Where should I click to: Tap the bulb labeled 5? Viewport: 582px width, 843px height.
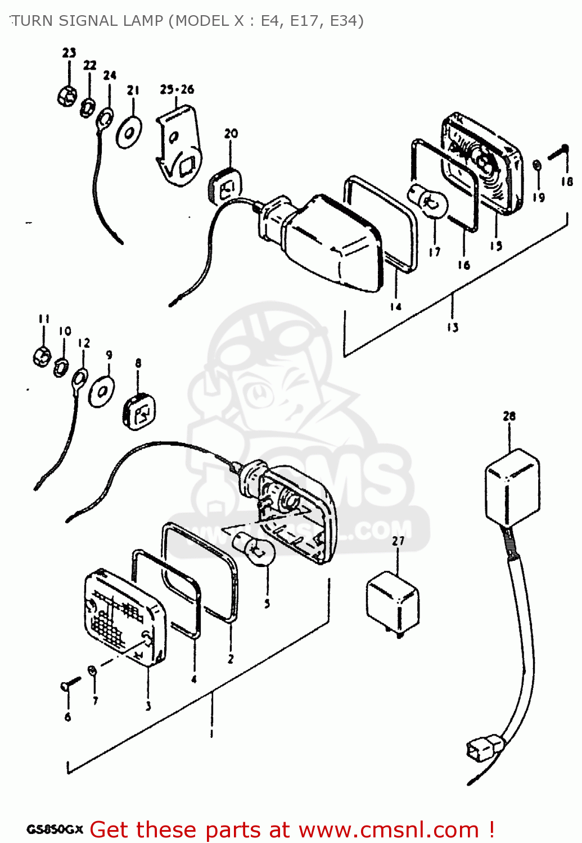(254, 549)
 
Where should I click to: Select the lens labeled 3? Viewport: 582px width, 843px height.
(124, 618)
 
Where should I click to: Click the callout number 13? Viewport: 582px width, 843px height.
(453, 327)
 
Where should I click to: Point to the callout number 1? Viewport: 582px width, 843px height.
(211, 733)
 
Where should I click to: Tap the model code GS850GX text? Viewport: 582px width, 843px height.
(55, 830)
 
